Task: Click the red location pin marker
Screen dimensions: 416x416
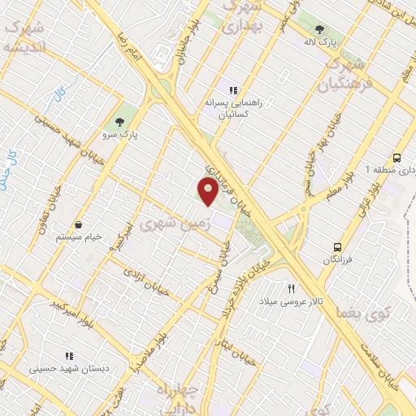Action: (x=208, y=193)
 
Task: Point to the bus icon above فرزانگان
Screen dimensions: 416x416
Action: (x=336, y=246)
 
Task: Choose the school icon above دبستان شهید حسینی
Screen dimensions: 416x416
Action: (x=69, y=356)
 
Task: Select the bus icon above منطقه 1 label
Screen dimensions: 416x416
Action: (x=396, y=158)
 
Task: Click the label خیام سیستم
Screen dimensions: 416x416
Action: (x=79, y=237)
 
